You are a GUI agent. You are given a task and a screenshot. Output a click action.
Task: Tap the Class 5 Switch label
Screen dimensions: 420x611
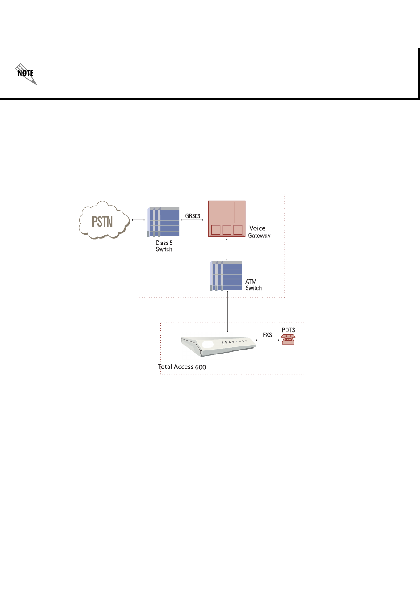[x=164, y=246]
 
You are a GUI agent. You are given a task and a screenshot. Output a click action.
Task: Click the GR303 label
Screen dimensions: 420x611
[x=193, y=215]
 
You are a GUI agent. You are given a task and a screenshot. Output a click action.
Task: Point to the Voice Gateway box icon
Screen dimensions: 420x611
[x=227, y=219]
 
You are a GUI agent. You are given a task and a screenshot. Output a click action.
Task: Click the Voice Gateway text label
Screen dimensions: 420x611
[x=259, y=232]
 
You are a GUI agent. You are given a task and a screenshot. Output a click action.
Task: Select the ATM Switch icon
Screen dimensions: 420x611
[x=226, y=276]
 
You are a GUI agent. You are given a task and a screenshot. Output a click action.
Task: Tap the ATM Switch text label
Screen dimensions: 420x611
[x=253, y=285]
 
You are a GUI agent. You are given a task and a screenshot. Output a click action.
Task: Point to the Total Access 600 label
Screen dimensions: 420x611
[x=182, y=367]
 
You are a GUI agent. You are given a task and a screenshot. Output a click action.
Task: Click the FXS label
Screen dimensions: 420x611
[x=267, y=334]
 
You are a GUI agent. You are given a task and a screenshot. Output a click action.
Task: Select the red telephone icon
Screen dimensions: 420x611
[x=288, y=339]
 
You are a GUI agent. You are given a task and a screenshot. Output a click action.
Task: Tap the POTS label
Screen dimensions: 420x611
[x=289, y=330]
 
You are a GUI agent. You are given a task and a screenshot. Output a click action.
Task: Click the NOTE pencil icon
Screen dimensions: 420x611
[x=26, y=74]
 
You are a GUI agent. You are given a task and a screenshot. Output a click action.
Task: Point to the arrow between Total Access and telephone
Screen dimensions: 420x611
[x=268, y=340]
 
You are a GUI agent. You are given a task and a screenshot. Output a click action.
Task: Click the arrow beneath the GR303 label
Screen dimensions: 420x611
[x=193, y=220]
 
